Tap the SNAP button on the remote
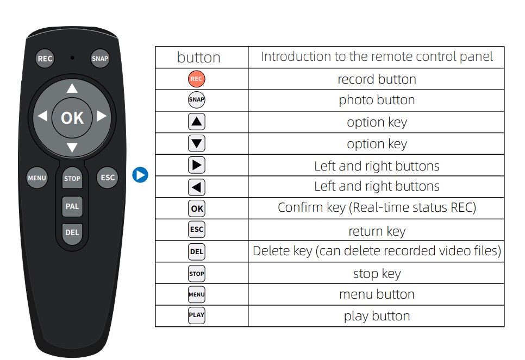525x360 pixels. pyautogui.click(x=100, y=59)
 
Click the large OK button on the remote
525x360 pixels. pyautogui.click(x=72, y=117)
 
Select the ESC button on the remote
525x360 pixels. pyautogui.click(x=108, y=178)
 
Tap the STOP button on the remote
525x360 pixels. pyautogui.click(x=72, y=179)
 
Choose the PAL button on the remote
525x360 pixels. pyautogui.click(x=72, y=206)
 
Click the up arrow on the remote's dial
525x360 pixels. pyautogui.click(x=72, y=89)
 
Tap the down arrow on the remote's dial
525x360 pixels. pyautogui.click(x=72, y=147)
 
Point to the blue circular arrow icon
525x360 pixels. pyautogui.click(x=140, y=175)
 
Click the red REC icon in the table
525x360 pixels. pyautogui.click(x=197, y=79)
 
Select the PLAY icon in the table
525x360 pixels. pyautogui.click(x=197, y=315)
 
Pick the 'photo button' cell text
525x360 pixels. pyautogui.click(x=377, y=100)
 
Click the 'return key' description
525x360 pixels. pyautogui.click(x=377, y=231)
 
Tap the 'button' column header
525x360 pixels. pyautogui.click(x=199, y=58)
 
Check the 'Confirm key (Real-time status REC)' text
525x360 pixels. pyautogui.click(x=377, y=207)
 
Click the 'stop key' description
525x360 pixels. pyautogui.click(x=377, y=274)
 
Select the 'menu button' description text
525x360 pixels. pyautogui.click(x=377, y=294)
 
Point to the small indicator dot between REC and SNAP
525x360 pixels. pyautogui.click(x=72, y=57)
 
